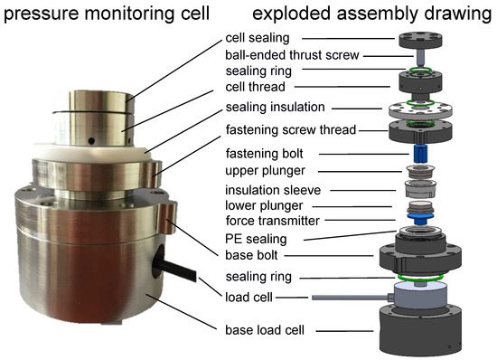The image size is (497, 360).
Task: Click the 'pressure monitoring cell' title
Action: [107, 14]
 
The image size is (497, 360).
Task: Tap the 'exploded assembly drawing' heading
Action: [372, 14]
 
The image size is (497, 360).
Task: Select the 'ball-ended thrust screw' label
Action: [292, 55]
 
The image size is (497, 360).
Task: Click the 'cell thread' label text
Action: [255, 87]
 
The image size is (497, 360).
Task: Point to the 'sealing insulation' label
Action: [275, 107]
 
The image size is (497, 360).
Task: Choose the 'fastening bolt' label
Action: [265, 154]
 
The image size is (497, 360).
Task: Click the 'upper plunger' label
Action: [265, 171]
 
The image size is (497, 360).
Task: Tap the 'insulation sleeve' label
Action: [273, 190]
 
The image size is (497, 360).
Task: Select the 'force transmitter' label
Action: [273, 221]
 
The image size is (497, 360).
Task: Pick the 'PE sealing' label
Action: [256, 239]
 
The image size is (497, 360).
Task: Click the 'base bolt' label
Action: [251, 255]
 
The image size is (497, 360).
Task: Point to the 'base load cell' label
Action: [265, 330]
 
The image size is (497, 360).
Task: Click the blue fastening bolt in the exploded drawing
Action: [420, 154]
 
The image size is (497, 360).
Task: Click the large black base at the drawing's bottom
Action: [420, 329]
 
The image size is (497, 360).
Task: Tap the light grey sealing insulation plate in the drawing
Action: [420, 109]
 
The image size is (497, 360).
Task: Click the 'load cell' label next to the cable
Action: [248, 298]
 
